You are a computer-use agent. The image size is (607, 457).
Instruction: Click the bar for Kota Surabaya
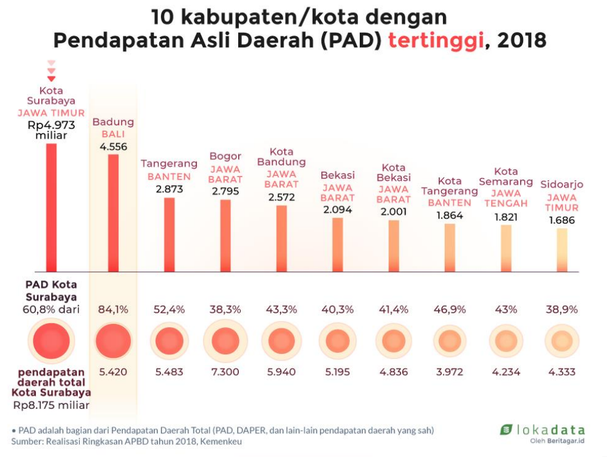tap(51, 208)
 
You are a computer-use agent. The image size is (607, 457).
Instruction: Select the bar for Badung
tap(113, 213)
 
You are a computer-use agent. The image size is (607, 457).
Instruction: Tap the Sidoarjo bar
tap(562, 249)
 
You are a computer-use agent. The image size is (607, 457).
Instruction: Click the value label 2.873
tap(170, 189)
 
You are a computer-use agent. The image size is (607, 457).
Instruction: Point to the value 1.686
tap(562, 220)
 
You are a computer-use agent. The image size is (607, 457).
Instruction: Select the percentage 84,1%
tap(113, 309)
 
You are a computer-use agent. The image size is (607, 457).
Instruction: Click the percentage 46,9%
tap(450, 309)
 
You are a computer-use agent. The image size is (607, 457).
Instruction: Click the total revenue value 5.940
tap(281, 372)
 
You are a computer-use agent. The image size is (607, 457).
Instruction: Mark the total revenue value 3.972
tap(450, 372)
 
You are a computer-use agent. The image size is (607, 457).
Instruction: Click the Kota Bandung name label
tap(281, 157)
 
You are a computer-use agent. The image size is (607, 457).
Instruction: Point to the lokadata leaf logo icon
tap(506, 430)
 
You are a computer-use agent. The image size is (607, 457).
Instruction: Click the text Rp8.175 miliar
tap(51, 405)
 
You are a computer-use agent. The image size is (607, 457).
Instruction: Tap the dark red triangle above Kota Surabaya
tap(51, 78)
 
